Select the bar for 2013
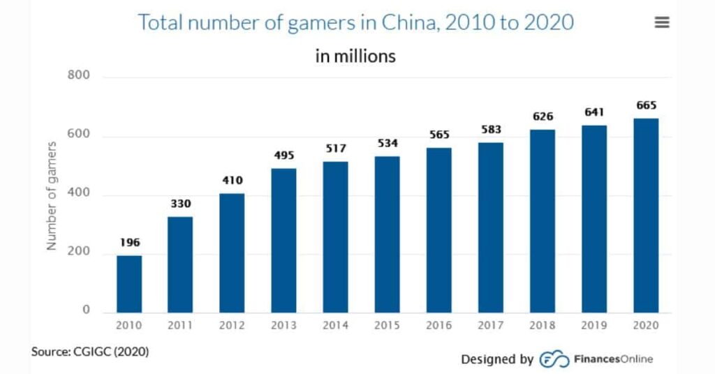284,240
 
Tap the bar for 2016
439,230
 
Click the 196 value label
129,243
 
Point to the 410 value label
233,180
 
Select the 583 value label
491,130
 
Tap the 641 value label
594,112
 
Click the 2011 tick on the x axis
181,325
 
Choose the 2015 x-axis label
388,325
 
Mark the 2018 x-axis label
543,325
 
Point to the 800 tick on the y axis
80,75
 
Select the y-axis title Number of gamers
52,195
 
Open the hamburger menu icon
662,22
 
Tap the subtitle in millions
355,56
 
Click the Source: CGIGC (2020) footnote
90,351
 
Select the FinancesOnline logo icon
555,359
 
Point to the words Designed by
497,359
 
